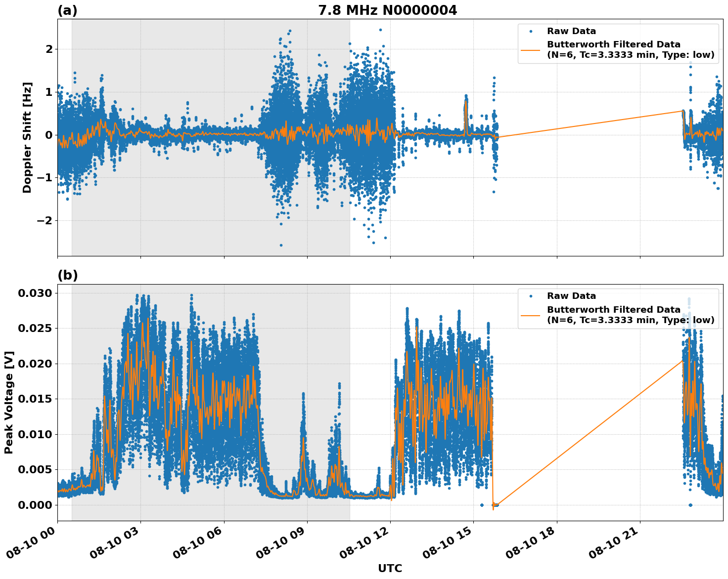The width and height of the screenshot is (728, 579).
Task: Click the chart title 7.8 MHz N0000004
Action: click(x=387, y=10)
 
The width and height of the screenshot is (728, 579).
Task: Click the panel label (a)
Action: click(x=67, y=10)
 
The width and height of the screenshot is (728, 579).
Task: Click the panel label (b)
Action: click(x=67, y=275)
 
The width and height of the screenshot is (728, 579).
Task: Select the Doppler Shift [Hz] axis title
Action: click(x=27, y=137)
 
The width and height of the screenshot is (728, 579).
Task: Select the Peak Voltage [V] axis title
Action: click(x=9, y=402)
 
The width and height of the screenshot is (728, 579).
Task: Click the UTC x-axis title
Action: click(x=390, y=568)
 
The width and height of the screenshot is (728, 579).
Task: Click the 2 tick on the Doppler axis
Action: click(x=49, y=49)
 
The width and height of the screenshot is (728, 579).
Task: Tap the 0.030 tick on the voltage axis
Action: click(x=35, y=293)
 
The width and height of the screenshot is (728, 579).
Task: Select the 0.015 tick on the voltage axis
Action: click(x=35, y=399)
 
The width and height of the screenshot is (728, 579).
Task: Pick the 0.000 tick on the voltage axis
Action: click(x=35, y=504)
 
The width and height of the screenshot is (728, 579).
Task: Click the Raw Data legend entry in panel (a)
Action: click(x=571, y=31)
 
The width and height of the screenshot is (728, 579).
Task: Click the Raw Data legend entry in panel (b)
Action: click(x=571, y=296)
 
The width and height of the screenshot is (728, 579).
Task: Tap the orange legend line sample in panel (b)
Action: click(x=530, y=315)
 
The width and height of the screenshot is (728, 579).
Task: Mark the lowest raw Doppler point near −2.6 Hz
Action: click(x=281, y=245)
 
